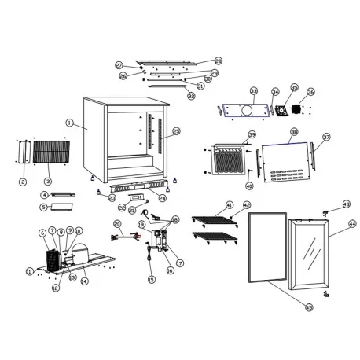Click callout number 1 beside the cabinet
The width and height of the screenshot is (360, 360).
click(x=70, y=123)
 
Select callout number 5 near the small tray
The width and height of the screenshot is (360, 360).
click(x=45, y=207)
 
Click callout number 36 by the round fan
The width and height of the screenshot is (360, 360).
click(x=310, y=92)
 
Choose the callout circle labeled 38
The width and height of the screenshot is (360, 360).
click(x=294, y=132)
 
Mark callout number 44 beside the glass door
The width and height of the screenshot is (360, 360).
click(x=352, y=224)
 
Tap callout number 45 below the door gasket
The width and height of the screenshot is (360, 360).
click(x=309, y=307)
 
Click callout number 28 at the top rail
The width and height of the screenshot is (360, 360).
click(x=219, y=61)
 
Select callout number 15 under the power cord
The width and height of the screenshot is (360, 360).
click(x=152, y=279)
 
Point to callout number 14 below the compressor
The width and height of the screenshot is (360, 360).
click(x=84, y=281)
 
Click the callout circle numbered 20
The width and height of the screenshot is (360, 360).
click(x=117, y=224)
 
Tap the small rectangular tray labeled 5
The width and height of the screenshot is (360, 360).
click(x=61, y=208)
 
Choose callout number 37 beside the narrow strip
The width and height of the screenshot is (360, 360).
click(x=326, y=138)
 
